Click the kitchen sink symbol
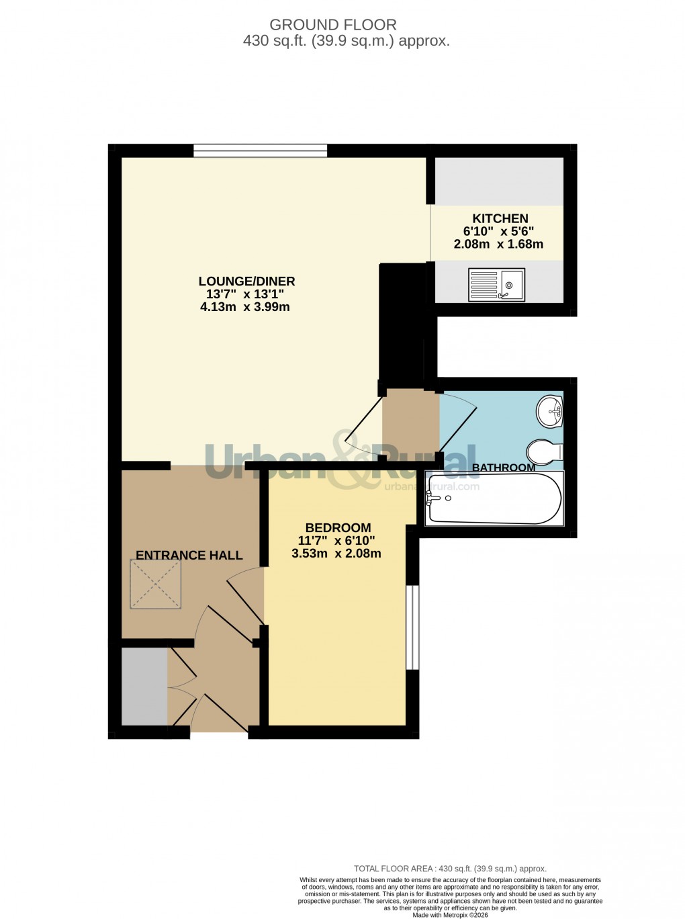coord(496,284)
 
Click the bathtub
coord(494,498)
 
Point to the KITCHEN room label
coord(500,218)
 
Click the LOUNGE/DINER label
coord(246,281)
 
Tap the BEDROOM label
coord(338,528)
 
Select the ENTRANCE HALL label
coord(189,556)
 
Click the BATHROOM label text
coord(504,468)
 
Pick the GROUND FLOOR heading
coord(333,25)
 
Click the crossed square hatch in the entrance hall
coord(156,584)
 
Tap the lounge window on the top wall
coord(261,150)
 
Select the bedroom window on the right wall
coord(413,627)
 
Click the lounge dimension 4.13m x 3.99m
coord(245,307)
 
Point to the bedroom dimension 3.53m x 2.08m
coord(336,554)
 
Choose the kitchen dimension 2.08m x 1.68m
coord(498,245)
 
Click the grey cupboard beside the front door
coord(144,686)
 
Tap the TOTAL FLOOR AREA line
coord(450,869)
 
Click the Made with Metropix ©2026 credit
coord(450,914)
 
